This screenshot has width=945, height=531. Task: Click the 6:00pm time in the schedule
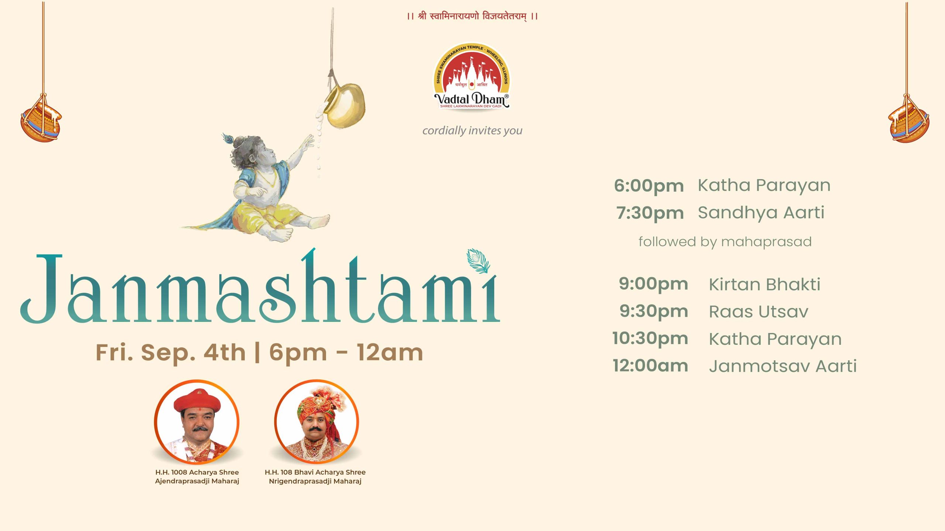point(649,186)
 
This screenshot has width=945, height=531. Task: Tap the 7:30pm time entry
point(650,213)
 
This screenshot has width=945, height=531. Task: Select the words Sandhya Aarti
point(761,212)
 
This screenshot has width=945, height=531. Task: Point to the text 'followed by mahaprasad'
point(725,242)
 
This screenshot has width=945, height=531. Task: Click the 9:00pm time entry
point(653,284)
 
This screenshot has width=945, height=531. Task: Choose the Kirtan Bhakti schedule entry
point(764,284)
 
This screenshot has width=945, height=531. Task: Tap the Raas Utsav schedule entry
point(759,312)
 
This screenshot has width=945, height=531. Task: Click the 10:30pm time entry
point(650,339)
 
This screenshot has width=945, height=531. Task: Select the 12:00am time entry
point(650,366)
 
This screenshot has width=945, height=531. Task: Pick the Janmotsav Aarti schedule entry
point(783,366)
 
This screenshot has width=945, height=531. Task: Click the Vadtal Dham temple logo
point(472,76)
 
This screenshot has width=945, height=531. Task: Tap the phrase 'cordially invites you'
point(472,131)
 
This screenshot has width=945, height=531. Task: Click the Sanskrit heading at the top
point(472,16)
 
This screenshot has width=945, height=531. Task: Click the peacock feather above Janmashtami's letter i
point(478,261)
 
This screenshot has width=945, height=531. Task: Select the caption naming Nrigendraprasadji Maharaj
point(315,477)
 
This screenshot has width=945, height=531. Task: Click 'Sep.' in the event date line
point(168,353)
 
